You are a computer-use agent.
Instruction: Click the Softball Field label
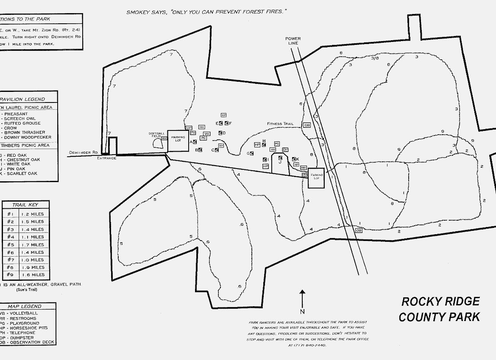tap(156, 135)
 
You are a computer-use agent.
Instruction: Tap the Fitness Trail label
tap(280, 124)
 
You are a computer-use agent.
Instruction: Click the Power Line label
tap(293, 41)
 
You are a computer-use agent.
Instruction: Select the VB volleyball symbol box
tap(207, 133)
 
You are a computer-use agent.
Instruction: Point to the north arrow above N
tap(302, 298)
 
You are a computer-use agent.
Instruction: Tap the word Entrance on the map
tap(106, 158)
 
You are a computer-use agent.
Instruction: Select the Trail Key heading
tap(25, 205)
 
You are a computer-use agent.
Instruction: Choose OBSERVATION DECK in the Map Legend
tap(31, 342)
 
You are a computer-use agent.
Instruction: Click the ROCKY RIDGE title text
tap(440, 302)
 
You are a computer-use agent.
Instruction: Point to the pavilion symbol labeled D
tap(220, 133)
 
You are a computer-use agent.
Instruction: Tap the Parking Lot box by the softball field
tap(178, 140)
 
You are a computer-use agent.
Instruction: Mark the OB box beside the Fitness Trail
tap(307, 125)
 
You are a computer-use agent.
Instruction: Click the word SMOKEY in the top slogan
tap(137, 12)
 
